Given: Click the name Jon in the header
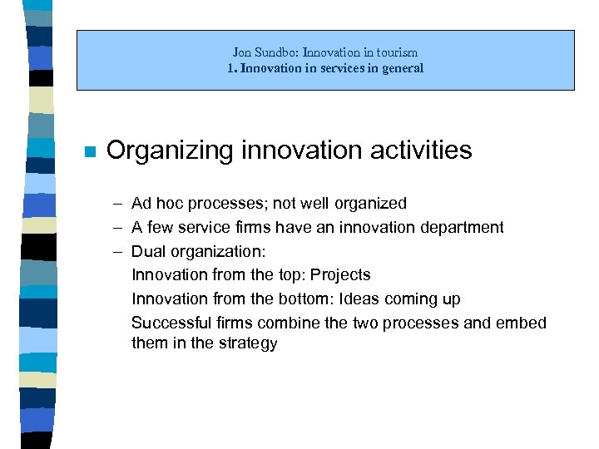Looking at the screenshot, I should point(241,52).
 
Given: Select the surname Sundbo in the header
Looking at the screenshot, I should point(274,52).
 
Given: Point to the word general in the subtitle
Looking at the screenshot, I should point(403,68).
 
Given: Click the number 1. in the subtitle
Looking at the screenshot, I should point(232,68).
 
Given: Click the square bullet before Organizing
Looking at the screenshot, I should point(90,152).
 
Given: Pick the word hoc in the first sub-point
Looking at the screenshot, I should point(169,204).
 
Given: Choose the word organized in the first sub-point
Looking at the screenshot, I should point(371,204).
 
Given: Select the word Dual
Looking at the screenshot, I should point(148,251).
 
